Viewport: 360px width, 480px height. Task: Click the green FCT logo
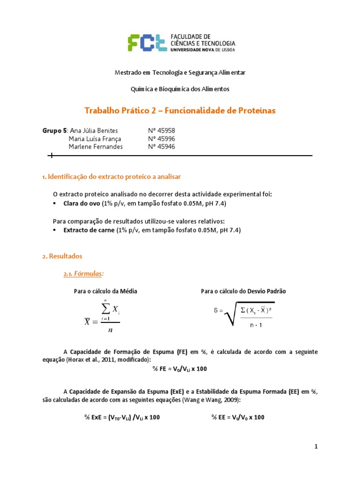(x=148, y=42)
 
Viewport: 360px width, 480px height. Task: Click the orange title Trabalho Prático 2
(x=180, y=111)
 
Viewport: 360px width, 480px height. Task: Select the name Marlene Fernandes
(x=96, y=147)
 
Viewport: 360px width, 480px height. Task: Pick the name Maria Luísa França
(x=95, y=139)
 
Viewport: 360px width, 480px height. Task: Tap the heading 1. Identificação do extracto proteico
(x=111, y=177)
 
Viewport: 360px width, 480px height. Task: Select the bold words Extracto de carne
(x=89, y=230)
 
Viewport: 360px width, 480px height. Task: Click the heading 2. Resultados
(x=62, y=256)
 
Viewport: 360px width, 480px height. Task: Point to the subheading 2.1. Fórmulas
(x=83, y=274)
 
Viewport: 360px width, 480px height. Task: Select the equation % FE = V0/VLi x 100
(x=180, y=369)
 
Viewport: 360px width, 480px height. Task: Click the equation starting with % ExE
(x=121, y=417)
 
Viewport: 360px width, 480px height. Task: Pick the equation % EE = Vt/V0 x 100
(x=238, y=417)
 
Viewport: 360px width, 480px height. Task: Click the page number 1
(x=316, y=447)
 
